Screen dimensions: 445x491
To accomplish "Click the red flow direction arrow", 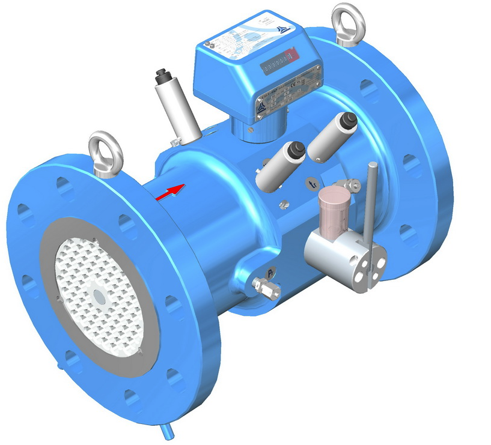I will coord(171,192).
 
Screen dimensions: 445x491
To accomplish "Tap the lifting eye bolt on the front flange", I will coord(105,150).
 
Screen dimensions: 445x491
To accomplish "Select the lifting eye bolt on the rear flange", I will coord(347,23).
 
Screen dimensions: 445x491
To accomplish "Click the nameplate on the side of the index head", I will coord(288,93).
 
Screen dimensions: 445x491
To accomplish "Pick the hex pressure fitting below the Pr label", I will coord(265,288).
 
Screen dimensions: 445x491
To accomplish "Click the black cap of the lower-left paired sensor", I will coord(295,150).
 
